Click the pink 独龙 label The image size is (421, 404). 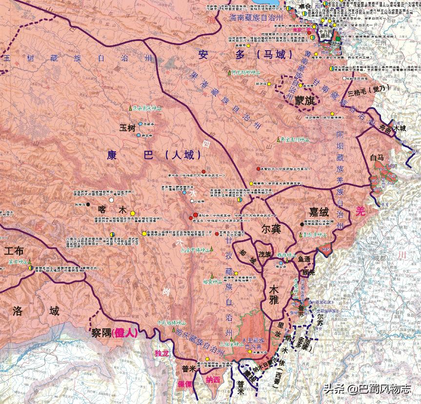click(x=161, y=353)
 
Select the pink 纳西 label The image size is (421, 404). click(x=213, y=379)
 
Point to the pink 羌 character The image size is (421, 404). click(x=361, y=210)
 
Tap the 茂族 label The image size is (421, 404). click(x=264, y=254)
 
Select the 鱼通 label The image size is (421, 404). click(x=304, y=259)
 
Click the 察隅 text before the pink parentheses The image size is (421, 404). click(x=101, y=333)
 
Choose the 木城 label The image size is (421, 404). click(x=400, y=128)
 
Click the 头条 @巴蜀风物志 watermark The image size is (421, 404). click(x=366, y=389)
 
